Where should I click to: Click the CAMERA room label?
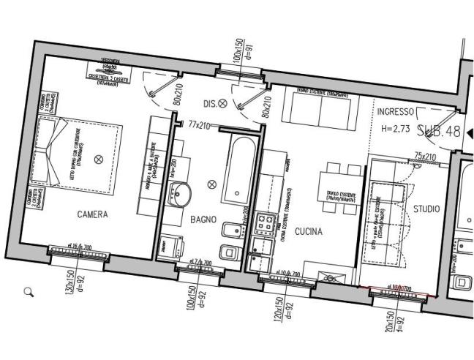point(92,215)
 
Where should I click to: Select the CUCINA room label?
point(309,232)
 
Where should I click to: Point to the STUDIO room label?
point(426,209)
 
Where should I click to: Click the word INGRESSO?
point(396,112)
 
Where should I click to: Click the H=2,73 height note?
point(397,128)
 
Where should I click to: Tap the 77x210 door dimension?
point(200,125)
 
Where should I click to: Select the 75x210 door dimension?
point(425,157)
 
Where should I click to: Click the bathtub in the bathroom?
point(237,170)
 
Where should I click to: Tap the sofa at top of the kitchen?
point(318,108)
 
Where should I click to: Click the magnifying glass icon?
point(29,292)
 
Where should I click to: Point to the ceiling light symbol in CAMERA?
point(100,158)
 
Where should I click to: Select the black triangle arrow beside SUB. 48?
point(470,132)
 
